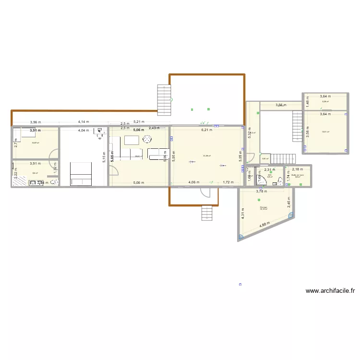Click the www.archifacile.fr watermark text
330,290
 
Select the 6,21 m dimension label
206,130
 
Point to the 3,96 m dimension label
35,122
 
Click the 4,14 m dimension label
84,122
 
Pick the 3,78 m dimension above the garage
261,191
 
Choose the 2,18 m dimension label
298,169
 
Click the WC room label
270,175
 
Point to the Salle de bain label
298,175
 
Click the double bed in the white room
81,173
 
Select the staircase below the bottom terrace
206,212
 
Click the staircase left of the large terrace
164,97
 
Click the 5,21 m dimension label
139,122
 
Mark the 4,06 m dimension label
194,182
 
